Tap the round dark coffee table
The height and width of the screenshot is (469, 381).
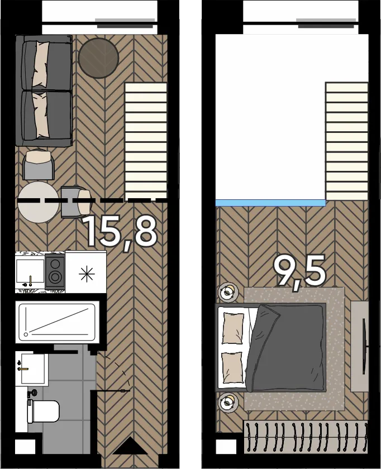click(98, 58)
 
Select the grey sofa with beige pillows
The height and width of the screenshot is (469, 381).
click(44, 90)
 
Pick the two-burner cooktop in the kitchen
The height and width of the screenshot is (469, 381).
click(55, 271)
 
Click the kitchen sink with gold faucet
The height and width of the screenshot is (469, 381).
click(30, 271)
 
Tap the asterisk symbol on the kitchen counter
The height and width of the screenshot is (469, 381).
click(87, 274)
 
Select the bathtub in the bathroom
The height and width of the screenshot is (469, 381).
click(57, 323)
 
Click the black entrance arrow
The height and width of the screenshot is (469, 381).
click(130, 446)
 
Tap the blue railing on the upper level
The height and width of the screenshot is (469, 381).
click(270, 203)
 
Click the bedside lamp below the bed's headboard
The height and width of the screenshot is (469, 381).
click(228, 402)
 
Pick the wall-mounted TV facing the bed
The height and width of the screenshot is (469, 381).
click(365, 346)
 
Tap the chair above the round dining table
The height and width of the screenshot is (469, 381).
click(39, 165)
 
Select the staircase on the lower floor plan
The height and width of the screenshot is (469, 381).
click(146, 141)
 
